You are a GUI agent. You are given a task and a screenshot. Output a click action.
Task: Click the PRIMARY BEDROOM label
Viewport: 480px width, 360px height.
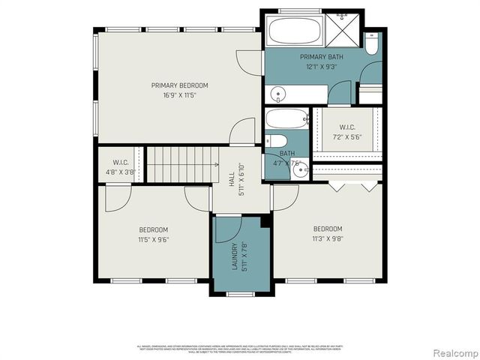click(179, 85)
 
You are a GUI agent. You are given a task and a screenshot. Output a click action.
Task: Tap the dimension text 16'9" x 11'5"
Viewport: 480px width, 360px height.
click(179, 95)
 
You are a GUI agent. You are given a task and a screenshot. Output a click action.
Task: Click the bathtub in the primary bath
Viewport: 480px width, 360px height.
click(294, 31)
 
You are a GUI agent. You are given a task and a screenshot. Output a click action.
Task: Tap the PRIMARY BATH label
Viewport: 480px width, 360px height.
click(321, 57)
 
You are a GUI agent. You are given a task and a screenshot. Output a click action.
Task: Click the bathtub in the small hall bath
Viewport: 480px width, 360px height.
click(287, 118)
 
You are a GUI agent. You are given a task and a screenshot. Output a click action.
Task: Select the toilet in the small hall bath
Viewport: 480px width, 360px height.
click(276, 140)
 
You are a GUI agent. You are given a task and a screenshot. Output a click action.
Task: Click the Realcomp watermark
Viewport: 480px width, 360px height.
click(453, 352)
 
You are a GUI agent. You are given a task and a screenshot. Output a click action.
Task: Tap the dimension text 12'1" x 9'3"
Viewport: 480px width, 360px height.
click(321, 67)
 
